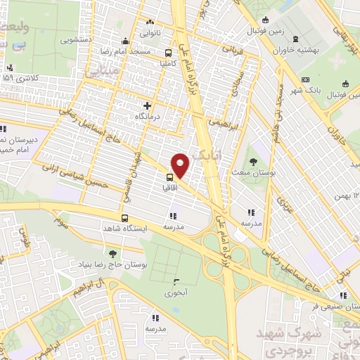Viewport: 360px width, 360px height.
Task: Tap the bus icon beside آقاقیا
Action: [x=171, y=177]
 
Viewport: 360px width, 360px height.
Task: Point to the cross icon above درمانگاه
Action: [x=147, y=105]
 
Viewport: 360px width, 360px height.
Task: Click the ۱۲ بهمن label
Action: [x=347, y=193]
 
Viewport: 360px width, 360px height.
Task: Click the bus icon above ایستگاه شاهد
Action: [x=124, y=217]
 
